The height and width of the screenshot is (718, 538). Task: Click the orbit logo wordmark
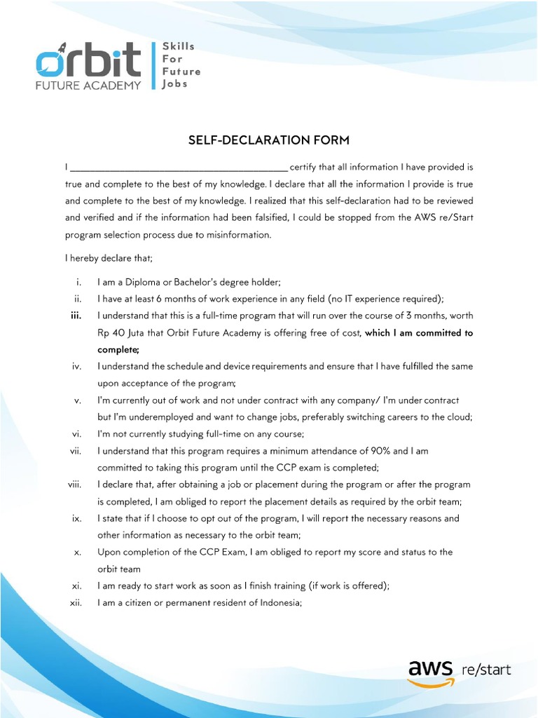tap(89, 62)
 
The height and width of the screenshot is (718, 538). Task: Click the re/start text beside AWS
tap(486, 669)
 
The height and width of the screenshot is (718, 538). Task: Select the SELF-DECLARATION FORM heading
tap(268, 141)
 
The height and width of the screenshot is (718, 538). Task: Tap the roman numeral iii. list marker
tap(77, 316)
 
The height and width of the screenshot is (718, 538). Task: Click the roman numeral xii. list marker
tap(77, 603)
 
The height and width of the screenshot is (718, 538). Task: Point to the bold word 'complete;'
tap(118, 349)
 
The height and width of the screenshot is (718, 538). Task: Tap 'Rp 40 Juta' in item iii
tap(122, 333)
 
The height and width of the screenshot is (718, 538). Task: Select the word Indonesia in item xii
tap(277, 603)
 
